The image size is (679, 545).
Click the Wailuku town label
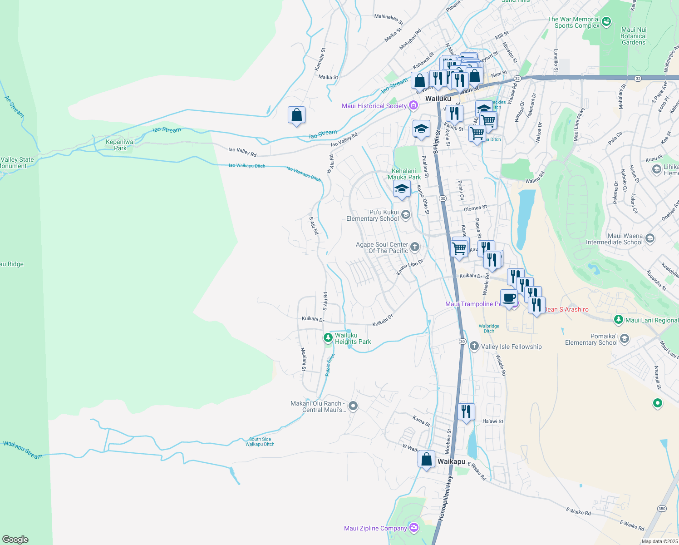(438, 99)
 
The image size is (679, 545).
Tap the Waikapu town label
(451, 461)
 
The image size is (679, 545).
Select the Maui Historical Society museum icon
(413, 106)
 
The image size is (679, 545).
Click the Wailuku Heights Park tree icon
(328, 338)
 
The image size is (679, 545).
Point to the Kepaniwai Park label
(120, 145)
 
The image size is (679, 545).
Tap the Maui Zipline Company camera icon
(413, 528)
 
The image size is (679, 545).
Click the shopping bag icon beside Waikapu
(426, 459)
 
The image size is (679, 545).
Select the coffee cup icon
(509, 298)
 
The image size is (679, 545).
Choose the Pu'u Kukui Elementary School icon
(405, 215)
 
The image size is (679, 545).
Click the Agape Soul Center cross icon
(414, 247)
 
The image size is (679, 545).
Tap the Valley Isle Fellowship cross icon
(474, 347)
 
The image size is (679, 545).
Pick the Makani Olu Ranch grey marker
(353, 406)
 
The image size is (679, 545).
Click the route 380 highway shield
(662, 508)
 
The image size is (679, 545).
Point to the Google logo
(15, 540)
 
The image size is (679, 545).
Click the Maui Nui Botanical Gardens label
(634, 36)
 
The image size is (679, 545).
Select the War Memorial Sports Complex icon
(606, 22)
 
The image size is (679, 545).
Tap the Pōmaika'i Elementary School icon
(624, 339)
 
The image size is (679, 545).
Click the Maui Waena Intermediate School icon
(649, 238)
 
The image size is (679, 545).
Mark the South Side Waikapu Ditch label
(260, 441)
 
